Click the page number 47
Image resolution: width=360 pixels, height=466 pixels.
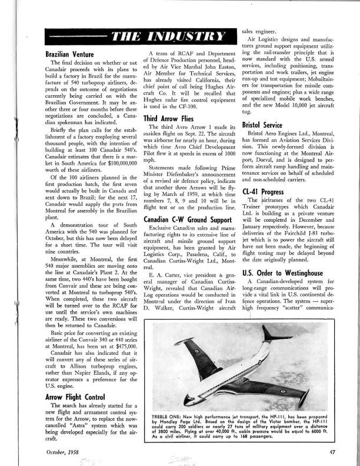pos(331,450)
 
